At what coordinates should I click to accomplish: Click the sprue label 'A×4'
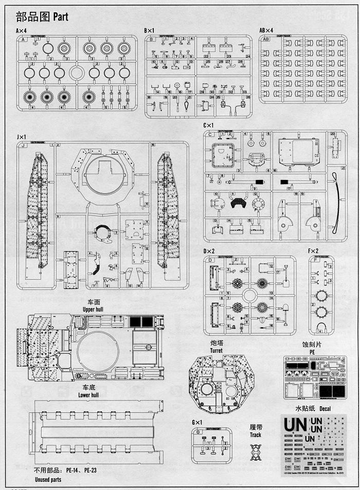point(22,31)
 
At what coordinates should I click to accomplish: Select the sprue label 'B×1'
point(150,31)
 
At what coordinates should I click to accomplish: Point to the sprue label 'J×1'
point(21,137)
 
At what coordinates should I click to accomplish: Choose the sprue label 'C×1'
point(208,125)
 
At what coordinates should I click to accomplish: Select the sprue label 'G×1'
point(197,423)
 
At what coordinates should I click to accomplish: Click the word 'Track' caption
point(256,434)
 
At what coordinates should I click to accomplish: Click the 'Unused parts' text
point(47,479)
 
